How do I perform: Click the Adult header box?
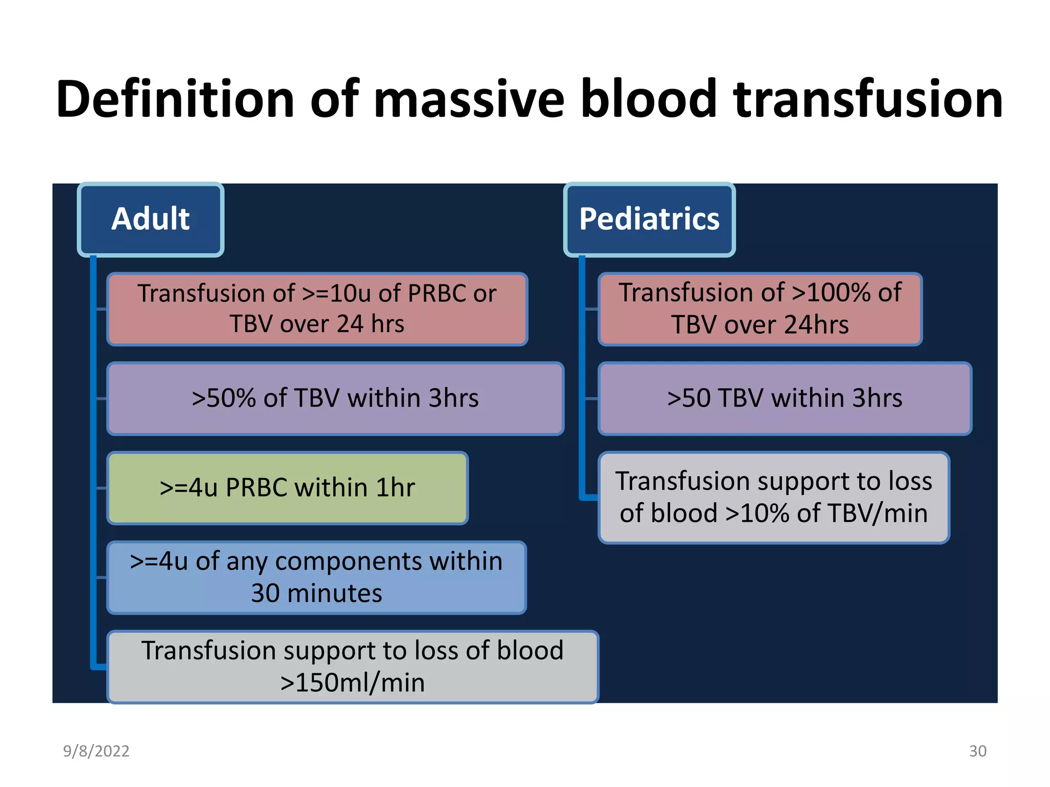(x=150, y=219)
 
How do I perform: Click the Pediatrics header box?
(x=649, y=219)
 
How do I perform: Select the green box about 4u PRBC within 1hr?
(x=287, y=488)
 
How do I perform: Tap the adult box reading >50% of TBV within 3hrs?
(x=335, y=399)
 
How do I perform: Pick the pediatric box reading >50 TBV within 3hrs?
(x=784, y=399)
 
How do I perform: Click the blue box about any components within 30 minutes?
(x=316, y=577)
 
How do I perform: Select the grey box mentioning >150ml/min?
(x=352, y=667)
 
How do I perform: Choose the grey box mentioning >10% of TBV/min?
(x=773, y=498)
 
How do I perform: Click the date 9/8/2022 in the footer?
(x=96, y=751)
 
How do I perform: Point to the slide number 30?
(x=977, y=751)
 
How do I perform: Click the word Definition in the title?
(x=175, y=99)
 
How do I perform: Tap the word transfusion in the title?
(x=867, y=99)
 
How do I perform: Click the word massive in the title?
(x=469, y=99)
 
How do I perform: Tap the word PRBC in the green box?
(x=256, y=488)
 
